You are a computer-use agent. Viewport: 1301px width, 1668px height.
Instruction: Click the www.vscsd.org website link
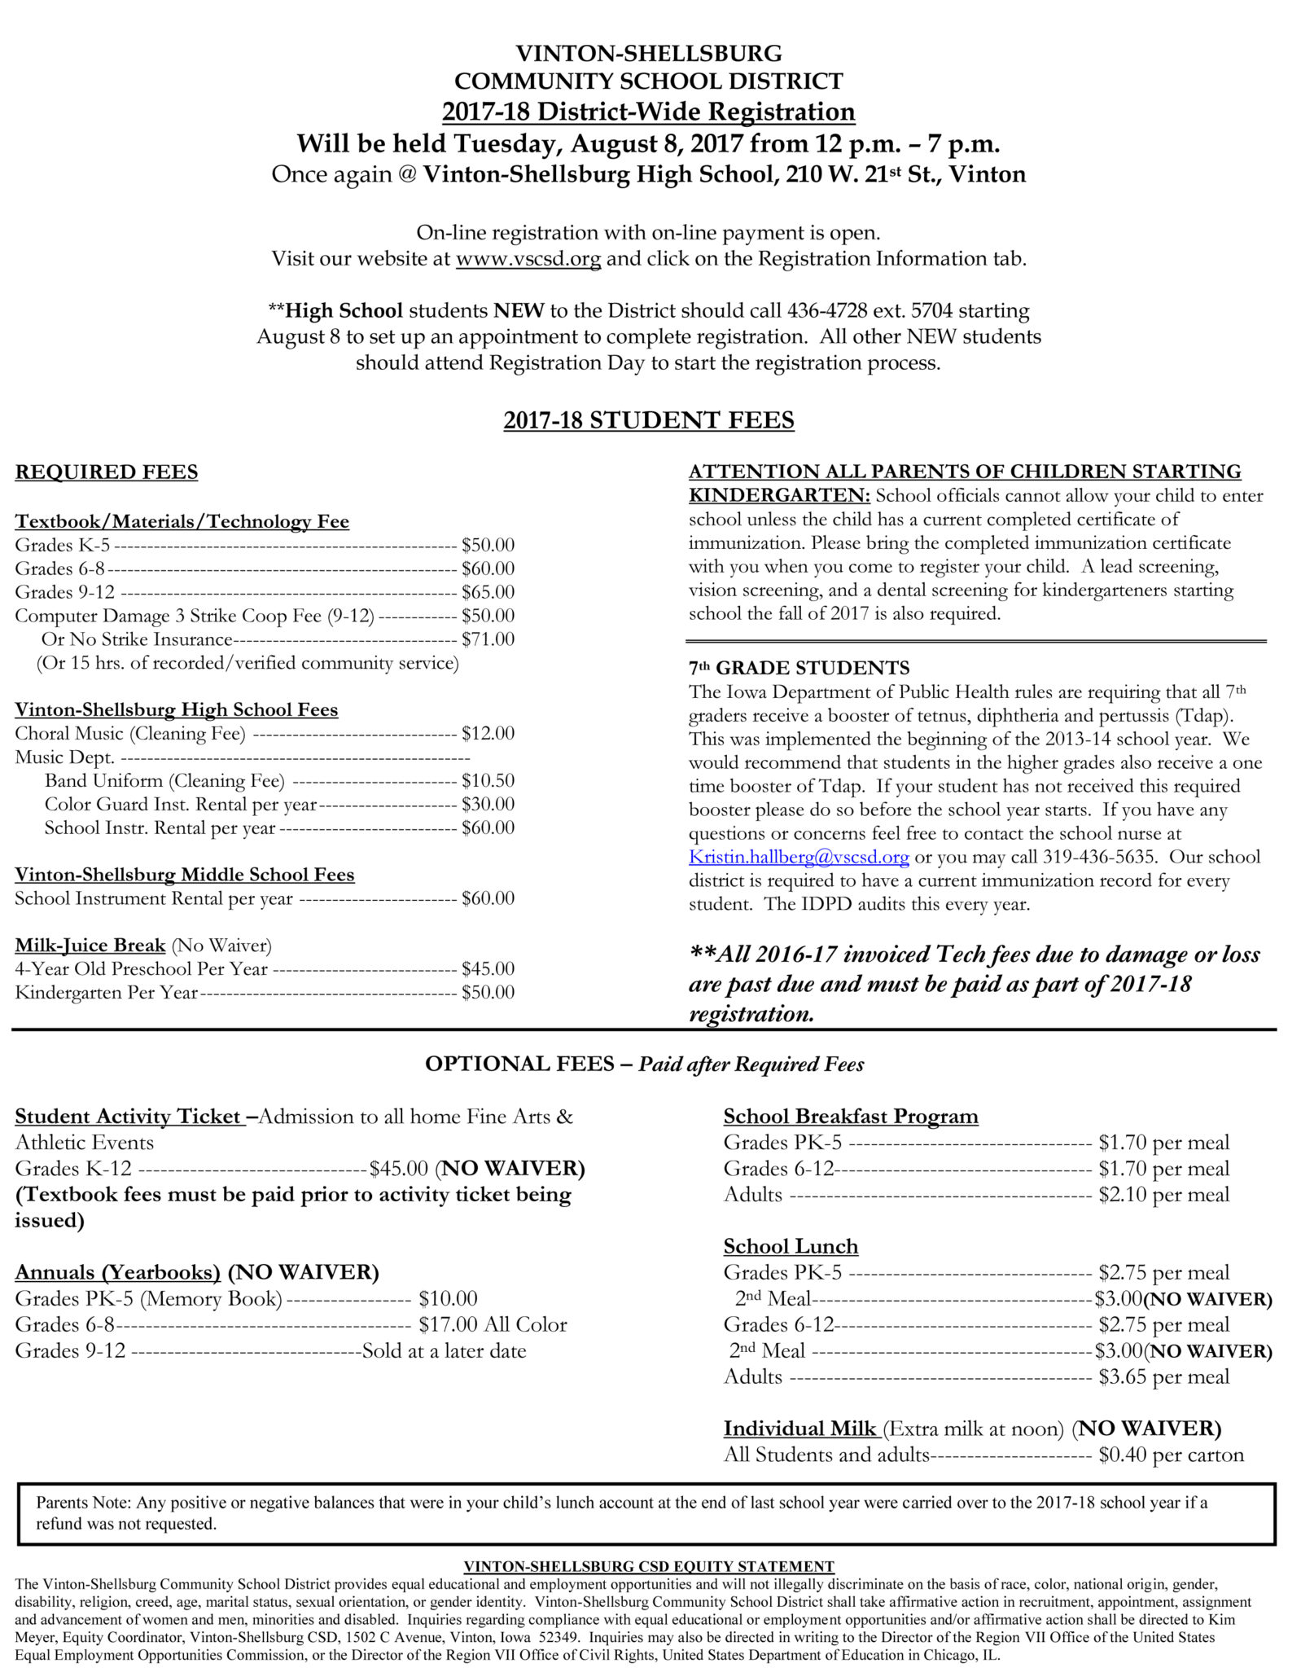coord(528,259)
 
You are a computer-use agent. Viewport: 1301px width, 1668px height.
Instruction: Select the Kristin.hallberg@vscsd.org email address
coord(798,857)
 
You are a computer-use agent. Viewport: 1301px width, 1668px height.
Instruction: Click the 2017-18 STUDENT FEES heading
coord(649,420)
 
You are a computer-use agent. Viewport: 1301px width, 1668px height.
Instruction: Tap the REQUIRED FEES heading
coord(107,472)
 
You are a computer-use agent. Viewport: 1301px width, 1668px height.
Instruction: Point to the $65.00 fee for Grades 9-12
coord(488,592)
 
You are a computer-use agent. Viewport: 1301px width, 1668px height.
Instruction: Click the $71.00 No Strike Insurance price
coord(488,639)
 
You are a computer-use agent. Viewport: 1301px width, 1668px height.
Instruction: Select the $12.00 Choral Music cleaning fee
coord(488,734)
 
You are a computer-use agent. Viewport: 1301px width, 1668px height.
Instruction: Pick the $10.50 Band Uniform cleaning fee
coord(488,781)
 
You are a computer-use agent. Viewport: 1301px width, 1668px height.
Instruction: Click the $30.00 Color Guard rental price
coord(488,805)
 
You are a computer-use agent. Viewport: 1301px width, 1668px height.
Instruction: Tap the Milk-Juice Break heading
coord(90,946)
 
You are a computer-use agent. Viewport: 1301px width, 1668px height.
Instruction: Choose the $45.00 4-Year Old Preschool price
coord(488,969)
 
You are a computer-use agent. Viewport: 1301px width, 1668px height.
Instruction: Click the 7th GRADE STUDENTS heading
coord(799,669)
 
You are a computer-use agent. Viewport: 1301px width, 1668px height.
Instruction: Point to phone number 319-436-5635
coord(1099,857)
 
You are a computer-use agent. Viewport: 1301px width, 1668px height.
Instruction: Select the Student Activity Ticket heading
coord(129,1117)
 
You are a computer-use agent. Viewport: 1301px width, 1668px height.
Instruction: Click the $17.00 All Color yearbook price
coord(493,1325)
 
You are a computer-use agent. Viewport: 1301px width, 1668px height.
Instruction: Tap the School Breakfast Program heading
coord(851,1117)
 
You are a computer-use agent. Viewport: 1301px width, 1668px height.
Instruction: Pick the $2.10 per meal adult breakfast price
coord(1163,1195)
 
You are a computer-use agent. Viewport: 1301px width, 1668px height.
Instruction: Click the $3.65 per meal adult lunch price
coord(1163,1377)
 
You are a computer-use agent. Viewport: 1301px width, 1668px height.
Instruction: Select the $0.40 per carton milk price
coord(1171,1455)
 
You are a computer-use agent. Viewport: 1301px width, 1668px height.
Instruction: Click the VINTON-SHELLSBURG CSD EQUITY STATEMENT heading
coord(649,1566)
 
